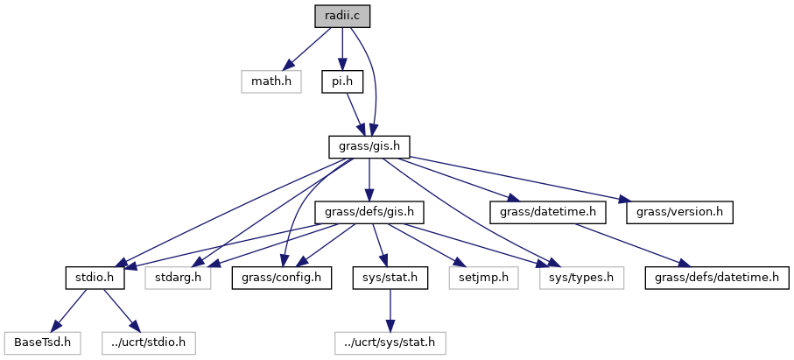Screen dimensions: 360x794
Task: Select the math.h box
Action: point(271,82)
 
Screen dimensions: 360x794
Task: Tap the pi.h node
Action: point(342,82)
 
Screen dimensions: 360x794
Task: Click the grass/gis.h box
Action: point(369,145)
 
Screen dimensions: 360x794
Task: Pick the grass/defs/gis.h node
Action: point(369,212)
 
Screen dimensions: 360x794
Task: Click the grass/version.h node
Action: point(679,212)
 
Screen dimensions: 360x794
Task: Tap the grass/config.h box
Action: point(277,279)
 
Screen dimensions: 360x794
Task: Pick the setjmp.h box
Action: point(483,279)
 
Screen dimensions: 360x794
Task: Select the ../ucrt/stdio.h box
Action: point(148,342)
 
